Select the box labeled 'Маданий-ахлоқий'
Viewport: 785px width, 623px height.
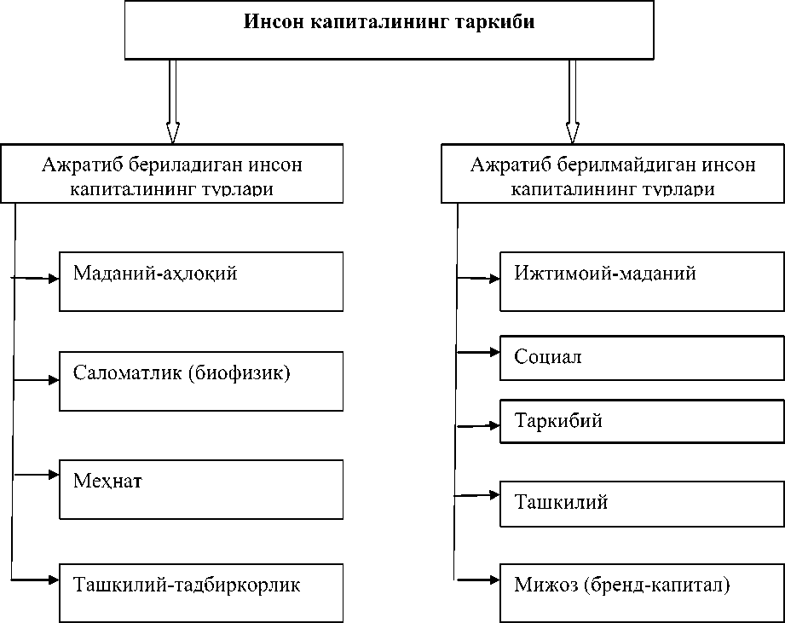tap(201, 281)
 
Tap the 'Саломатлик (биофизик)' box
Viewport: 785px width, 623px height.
tap(201, 380)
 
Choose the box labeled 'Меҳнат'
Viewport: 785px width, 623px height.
tap(201, 489)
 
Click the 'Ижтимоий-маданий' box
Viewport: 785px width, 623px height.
tap(642, 281)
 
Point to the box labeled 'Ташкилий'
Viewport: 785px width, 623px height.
tap(642, 503)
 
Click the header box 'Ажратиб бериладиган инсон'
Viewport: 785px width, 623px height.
tap(172, 175)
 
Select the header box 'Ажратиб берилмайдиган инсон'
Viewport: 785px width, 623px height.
tap(612, 175)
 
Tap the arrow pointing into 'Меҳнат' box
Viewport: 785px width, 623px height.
tap(38, 473)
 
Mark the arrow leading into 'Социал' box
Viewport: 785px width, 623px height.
tap(479, 350)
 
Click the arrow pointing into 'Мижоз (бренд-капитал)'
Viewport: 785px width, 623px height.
tap(479, 580)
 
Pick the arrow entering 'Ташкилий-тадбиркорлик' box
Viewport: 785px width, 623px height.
tap(38, 580)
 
